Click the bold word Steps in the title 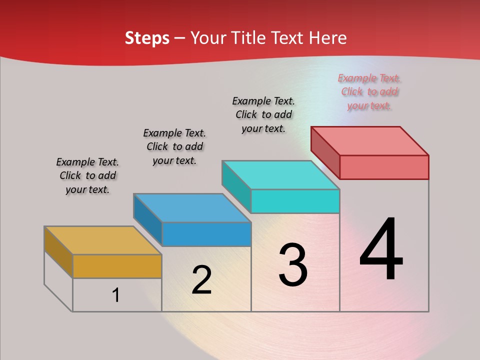pos(147,38)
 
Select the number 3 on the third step pos(293,264)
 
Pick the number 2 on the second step pos(201,280)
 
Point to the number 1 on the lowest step pos(116,295)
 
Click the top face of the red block pos(370,140)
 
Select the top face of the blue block pos(192,208)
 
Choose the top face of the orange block pos(102,240)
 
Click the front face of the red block pos(384,167)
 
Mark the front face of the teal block pos(295,201)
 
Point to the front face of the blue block pos(206,234)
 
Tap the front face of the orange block pos(117,266)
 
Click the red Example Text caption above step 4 pos(369,92)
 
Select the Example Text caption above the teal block pos(263,114)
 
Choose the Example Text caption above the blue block pos(174,146)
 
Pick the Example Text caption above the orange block pos(87,175)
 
